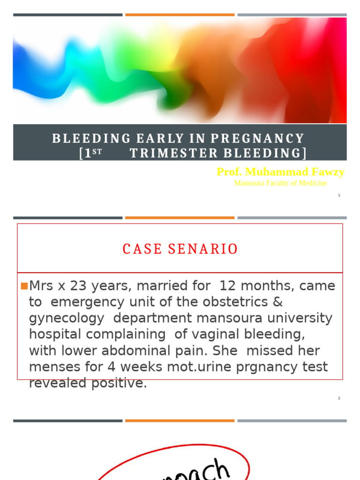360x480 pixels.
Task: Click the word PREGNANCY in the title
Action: [x=257, y=139]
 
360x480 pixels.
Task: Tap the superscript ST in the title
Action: [x=97, y=152]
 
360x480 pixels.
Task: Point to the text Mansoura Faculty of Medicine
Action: [x=280, y=183]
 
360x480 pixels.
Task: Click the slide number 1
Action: [x=339, y=195]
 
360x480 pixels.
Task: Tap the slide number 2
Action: [x=339, y=398]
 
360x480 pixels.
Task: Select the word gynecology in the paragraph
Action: [x=66, y=319]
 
